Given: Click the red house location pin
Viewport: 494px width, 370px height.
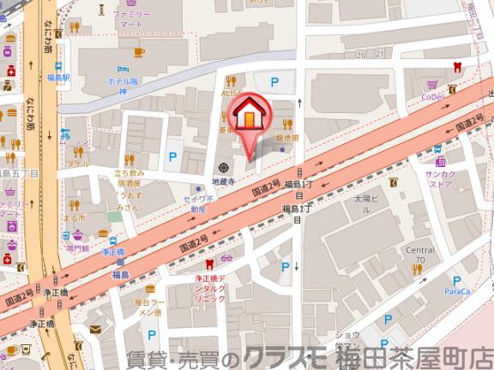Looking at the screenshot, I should tap(248, 115).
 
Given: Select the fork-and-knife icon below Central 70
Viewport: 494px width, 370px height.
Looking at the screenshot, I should tap(418, 269).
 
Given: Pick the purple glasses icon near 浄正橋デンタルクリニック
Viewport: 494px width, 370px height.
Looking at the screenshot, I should tap(228, 259).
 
